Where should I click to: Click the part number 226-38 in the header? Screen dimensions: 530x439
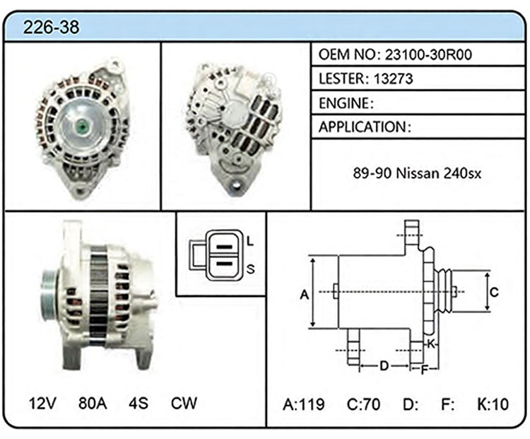coord(51,27)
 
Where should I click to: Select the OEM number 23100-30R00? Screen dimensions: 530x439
coord(428,54)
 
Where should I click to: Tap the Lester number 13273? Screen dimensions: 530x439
coord(394,78)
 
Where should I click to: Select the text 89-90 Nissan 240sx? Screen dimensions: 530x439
coord(417,173)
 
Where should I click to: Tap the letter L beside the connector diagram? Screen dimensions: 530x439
coord(249,241)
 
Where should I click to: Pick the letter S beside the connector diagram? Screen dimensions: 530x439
coord(250,269)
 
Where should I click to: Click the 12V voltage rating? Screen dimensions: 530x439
coord(42,403)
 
